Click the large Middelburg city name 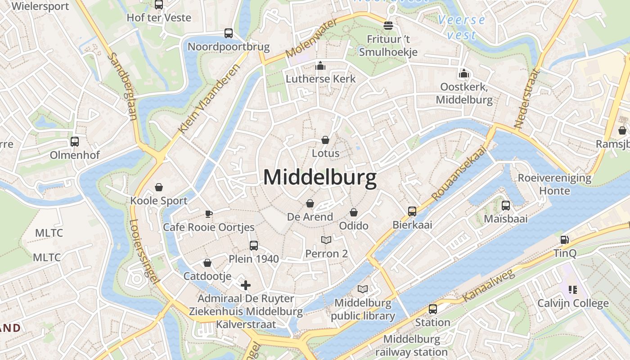[x=319, y=178]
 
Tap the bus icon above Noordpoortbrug [x=229, y=33]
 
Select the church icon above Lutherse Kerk [x=320, y=66]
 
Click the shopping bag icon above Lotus [x=325, y=140]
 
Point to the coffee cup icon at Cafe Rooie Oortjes [x=208, y=213]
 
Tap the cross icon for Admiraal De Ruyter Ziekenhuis [x=245, y=285]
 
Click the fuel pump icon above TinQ [x=564, y=240]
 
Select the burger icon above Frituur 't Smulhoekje [x=388, y=26]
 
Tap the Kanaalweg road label [x=489, y=286]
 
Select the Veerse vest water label [x=462, y=27]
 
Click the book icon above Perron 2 [x=326, y=240]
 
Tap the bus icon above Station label [x=432, y=309]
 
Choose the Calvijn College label [x=573, y=303]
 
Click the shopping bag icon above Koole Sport [x=158, y=187]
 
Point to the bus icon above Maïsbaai [x=506, y=206]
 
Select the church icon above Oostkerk [x=464, y=73]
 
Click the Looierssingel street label [x=144, y=252]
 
